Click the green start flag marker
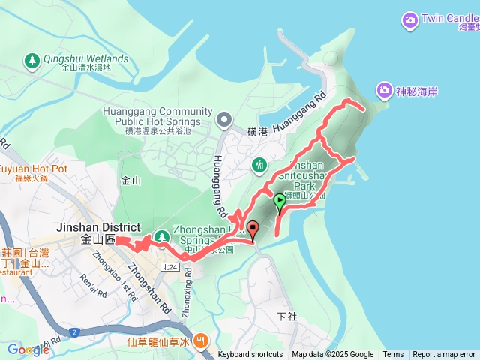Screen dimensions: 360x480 tap(280, 201)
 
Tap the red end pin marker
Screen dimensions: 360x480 tap(252, 229)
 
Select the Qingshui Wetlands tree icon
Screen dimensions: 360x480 tap(31, 60)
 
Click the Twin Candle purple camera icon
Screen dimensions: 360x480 tap(409, 18)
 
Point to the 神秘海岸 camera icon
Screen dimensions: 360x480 tap(385, 90)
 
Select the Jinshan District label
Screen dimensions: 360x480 tap(97, 228)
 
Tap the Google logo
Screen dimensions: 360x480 tap(28, 349)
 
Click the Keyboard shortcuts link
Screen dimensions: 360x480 tap(250, 355)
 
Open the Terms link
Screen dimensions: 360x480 tap(393, 355)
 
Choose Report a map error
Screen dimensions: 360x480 tap(444, 355)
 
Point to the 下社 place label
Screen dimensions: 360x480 tap(287, 316)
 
